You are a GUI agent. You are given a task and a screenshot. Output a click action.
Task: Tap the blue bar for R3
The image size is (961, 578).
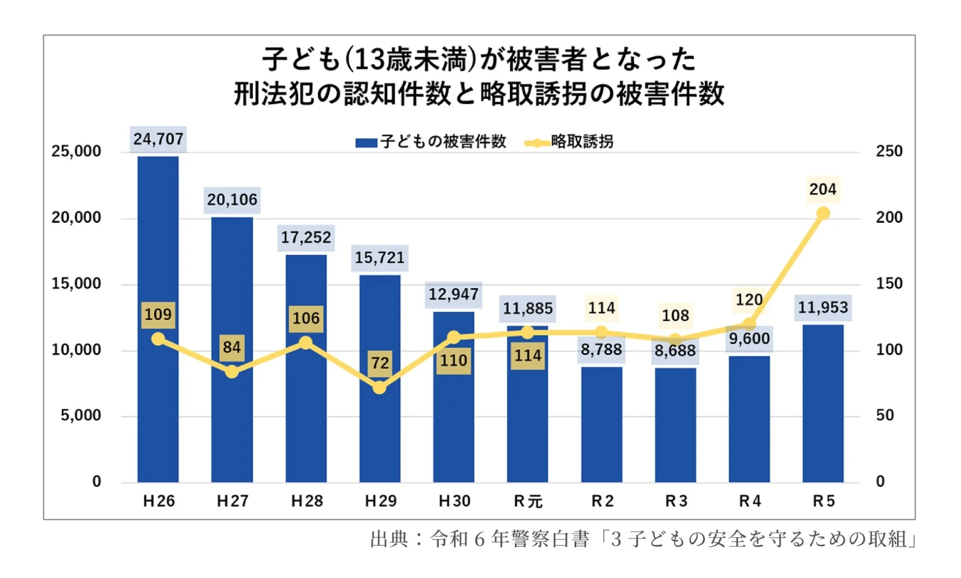click(675, 425)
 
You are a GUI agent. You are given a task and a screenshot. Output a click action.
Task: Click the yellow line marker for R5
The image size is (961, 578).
click(822, 213)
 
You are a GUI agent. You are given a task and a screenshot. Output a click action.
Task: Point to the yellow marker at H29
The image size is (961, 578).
click(379, 387)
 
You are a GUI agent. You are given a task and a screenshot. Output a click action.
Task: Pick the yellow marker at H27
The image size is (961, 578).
click(232, 371)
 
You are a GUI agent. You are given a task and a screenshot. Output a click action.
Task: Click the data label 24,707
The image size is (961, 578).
click(158, 139)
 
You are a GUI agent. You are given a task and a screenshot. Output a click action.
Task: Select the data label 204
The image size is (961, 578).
click(822, 189)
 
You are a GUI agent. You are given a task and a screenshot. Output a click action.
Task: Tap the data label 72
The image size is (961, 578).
click(380, 362)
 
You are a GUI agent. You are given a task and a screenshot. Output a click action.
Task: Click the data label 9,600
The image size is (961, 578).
click(749, 339)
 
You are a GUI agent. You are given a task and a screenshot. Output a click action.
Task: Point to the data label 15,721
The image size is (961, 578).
click(379, 258)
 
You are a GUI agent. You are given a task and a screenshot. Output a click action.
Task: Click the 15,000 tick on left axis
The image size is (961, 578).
click(76, 284)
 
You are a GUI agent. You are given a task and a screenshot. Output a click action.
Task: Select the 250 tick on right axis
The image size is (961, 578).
click(888, 151)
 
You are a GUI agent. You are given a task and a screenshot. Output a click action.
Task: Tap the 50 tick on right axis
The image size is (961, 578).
click(884, 415)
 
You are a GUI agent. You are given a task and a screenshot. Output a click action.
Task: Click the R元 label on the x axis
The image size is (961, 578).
click(528, 501)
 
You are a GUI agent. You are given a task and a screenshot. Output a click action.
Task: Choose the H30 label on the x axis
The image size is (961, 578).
click(454, 501)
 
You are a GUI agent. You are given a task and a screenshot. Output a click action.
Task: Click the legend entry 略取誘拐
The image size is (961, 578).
click(581, 142)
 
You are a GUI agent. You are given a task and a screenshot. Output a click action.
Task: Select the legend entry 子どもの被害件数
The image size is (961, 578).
click(442, 142)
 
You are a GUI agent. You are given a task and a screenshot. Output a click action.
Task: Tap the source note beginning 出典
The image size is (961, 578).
click(643, 539)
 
